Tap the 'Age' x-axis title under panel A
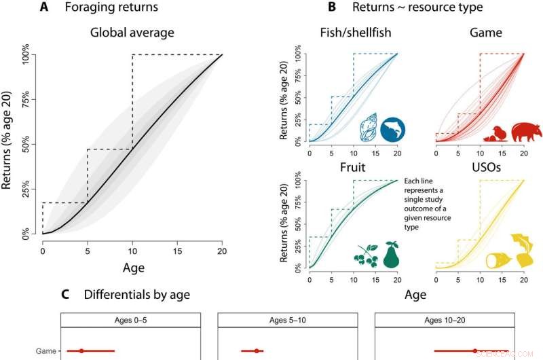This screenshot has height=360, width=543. [x=132, y=268]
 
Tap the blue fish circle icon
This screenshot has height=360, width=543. [x=392, y=128]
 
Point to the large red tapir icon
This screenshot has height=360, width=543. [x=527, y=130]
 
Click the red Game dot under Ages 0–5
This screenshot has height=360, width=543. [x=81, y=351]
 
